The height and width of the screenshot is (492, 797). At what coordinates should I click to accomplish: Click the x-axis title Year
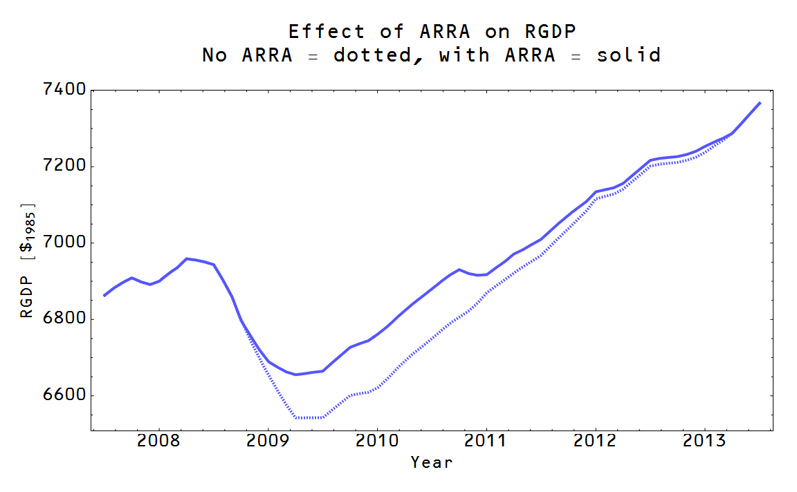point(432,462)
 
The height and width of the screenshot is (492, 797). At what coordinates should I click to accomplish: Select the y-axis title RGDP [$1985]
point(27,261)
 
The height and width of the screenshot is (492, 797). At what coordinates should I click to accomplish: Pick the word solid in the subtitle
point(628,55)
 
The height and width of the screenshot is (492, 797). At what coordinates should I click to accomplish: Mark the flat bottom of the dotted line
point(309,417)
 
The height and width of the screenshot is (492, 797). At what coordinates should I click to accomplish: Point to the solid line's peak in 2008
point(187,258)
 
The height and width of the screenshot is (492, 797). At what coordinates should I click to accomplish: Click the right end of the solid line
point(760,103)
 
